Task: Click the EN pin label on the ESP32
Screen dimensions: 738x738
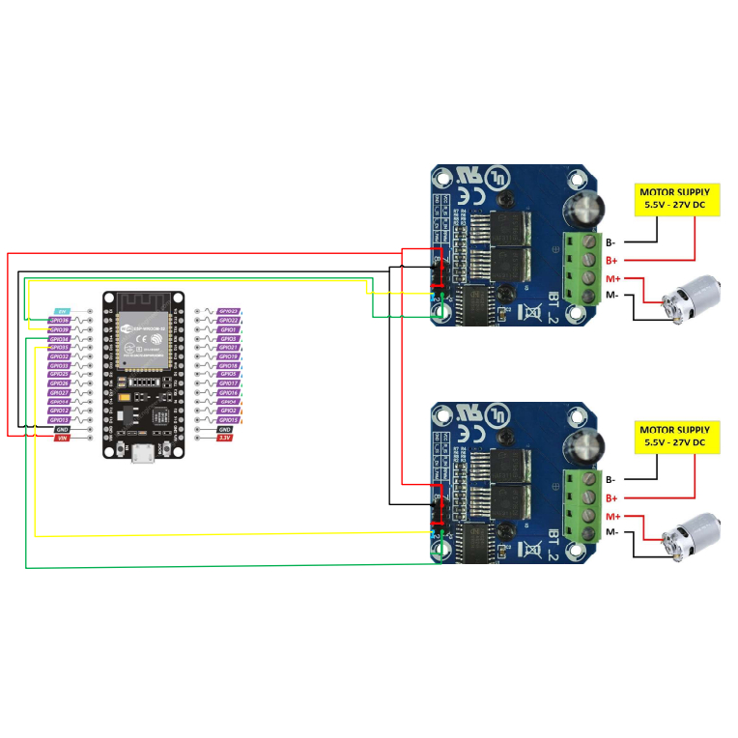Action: (x=60, y=312)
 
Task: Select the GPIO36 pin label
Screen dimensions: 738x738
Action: (x=60, y=321)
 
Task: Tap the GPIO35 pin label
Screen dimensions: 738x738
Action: (x=60, y=348)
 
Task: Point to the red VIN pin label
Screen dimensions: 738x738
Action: (x=61, y=438)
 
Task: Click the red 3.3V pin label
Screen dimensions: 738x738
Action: (x=225, y=438)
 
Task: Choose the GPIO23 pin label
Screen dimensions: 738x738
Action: (x=228, y=312)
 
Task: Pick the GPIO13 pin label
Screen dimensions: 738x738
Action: (x=60, y=420)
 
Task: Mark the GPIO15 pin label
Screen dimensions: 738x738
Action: (x=228, y=420)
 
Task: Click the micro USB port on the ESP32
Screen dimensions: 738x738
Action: (x=142, y=453)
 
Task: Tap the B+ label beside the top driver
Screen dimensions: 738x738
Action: (x=611, y=261)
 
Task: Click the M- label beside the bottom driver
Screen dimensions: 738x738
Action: (x=611, y=533)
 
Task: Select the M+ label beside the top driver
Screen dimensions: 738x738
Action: (x=611, y=278)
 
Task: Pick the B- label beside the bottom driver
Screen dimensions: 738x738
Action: (x=610, y=480)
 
